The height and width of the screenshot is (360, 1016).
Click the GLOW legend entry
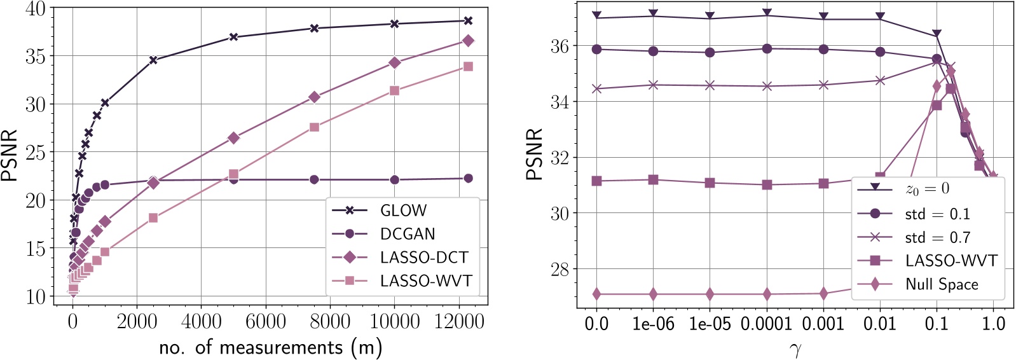tap(403, 210)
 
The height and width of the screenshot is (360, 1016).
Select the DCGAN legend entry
tap(408, 233)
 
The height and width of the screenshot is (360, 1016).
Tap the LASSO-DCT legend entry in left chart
tap(424, 257)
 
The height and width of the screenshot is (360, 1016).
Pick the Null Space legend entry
tap(942, 284)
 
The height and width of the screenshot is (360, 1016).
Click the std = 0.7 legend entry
tap(937, 237)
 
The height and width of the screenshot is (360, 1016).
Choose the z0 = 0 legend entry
tap(927, 188)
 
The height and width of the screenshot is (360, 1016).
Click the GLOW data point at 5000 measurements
tap(233, 37)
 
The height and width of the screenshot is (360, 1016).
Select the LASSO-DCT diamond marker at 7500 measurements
tap(314, 97)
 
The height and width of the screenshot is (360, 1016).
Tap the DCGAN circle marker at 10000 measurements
tap(394, 179)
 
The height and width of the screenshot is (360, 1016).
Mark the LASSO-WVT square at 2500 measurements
tap(153, 218)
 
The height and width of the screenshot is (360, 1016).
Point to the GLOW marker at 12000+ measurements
tap(468, 20)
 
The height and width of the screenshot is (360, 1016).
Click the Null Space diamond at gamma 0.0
tap(596, 294)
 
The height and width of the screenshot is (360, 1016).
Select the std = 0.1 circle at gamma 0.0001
tap(767, 48)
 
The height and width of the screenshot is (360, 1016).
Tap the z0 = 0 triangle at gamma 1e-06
tap(653, 14)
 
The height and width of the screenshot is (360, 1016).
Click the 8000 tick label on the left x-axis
tap(330, 322)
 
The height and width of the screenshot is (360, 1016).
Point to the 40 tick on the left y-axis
tap(36, 9)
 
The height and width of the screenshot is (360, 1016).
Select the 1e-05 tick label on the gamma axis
tap(710, 324)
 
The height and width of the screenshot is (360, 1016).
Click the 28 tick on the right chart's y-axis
tap(559, 269)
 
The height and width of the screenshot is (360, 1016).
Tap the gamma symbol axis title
tap(795, 349)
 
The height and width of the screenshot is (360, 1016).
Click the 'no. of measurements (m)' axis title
tap(270, 347)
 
